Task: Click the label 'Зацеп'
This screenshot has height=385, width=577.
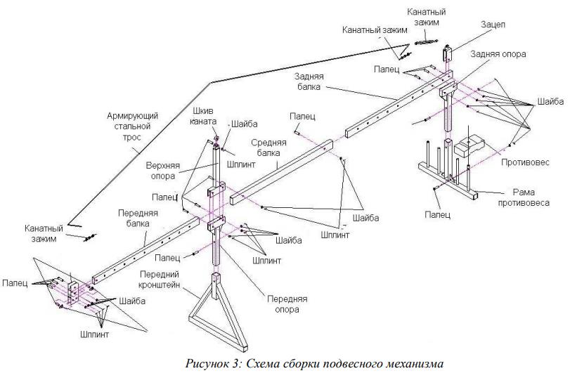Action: tap(493, 25)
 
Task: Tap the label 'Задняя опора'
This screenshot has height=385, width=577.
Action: tap(498, 54)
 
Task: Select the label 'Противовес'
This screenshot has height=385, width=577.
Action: tap(525, 162)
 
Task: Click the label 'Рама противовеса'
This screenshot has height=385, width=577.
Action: tap(524, 197)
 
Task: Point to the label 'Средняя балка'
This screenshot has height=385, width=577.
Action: tap(268, 148)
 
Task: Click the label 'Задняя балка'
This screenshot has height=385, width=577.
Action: tap(309, 81)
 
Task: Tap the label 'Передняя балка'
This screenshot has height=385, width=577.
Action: tap(138, 218)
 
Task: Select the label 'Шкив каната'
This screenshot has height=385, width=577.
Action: tap(203, 116)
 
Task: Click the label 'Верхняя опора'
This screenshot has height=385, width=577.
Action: tap(162, 171)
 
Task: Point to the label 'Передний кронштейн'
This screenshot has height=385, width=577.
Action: tap(160, 280)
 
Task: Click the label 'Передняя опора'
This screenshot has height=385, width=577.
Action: tap(287, 304)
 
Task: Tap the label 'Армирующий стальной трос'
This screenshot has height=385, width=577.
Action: tap(132, 126)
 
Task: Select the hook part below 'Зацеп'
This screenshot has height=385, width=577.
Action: tap(448, 53)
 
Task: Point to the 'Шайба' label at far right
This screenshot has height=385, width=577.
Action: tap(550, 101)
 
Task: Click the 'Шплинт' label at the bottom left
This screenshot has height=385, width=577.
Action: tap(94, 334)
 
